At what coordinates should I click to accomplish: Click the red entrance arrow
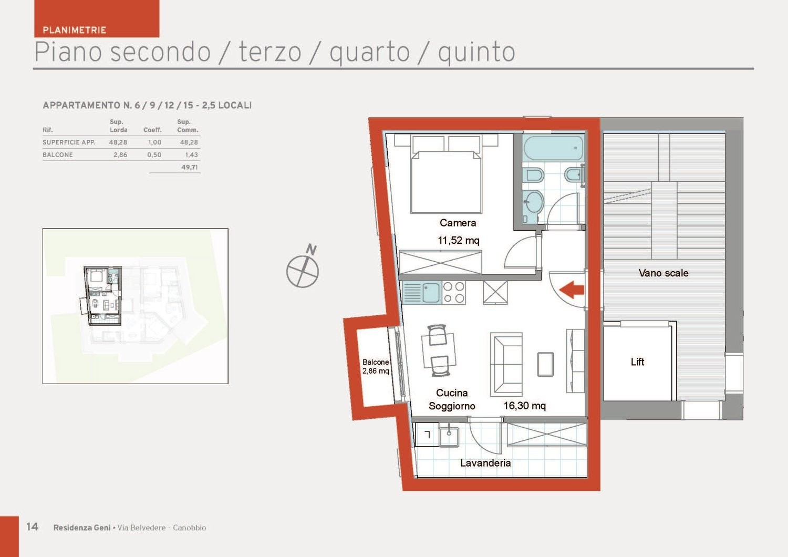click(x=572, y=290)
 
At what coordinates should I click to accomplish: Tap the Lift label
click(x=637, y=362)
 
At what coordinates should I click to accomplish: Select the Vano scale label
click(x=663, y=273)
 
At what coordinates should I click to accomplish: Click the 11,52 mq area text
click(x=459, y=240)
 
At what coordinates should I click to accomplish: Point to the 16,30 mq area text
click(x=524, y=406)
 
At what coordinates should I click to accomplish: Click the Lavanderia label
click(x=485, y=463)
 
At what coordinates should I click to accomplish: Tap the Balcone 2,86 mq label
click(x=376, y=366)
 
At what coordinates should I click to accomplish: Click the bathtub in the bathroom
click(x=553, y=148)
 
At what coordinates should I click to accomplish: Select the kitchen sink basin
click(x=431, y=292)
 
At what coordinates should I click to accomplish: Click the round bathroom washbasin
click(x=534, y=202)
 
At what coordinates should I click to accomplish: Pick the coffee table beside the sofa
click(x=545, y=364)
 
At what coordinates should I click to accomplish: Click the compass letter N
click(x=311, y=250)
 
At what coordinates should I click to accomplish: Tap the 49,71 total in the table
click(x=189, y=167)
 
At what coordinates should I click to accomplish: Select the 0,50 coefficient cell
click(x=154, y=154)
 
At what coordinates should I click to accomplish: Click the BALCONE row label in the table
click(x=58, y=154)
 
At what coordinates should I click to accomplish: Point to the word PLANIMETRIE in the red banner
click(x=74, y=30)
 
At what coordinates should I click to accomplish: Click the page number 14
click(x=32, y=527)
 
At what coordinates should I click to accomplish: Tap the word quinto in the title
click(x=476, y=52)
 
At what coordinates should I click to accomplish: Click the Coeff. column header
click(x=152, y=130)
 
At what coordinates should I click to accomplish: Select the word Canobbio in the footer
click(x=189, y=528)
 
